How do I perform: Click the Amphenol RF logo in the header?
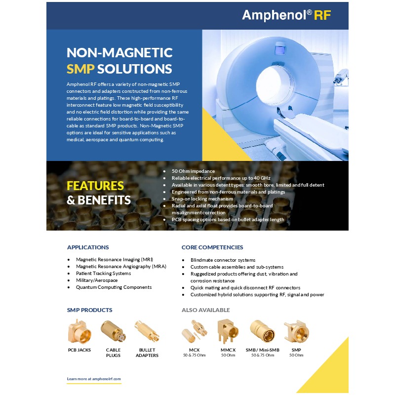pyautogui.click(x=286, y=15)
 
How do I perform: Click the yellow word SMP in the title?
pyautogui.click(x=80, y=69)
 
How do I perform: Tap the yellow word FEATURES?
pyautogui.click(x=95, y=186)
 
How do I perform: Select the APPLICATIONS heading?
pyautogui.click(x=88, y=247)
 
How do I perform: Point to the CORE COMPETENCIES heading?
pyautogui.click(x=212, y=247)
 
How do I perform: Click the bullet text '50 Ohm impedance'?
pyautogui.click(x=193, y=171)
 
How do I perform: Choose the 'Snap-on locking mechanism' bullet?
pyautogui.click(x=202, y=198)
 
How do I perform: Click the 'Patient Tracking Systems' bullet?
pyautogui.click(x=103, y=273)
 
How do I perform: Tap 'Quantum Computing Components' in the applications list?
pyautogui.click(x=114, y=287)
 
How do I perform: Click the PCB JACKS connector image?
pyautogui.click(x=79, y=331)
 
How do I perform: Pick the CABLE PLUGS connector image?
pyautogui.click(x=112, y=331)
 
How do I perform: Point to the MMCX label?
pyautogui.click(x=228, y=350)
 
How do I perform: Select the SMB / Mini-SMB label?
pyautogui.click(x=263, y=350)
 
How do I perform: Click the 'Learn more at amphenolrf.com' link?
pyautogui.click(x=94, y=379)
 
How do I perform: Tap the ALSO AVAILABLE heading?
pyautogui.click(x=206, y=310)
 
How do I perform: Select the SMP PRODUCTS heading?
pyautogui.click(x=89, y=310)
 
